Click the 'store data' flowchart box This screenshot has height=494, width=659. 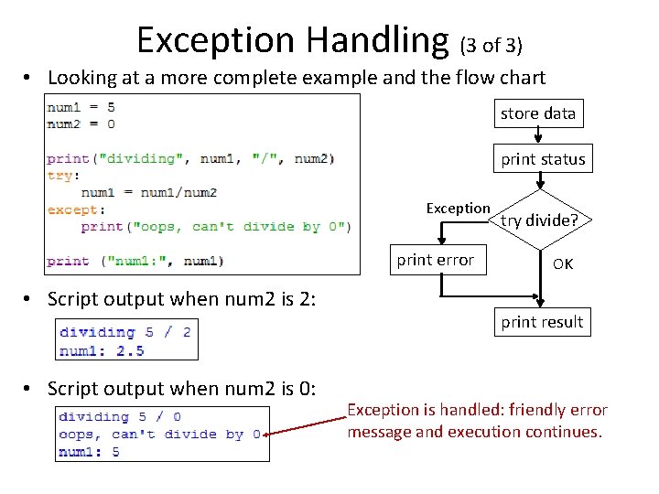pos(538,113)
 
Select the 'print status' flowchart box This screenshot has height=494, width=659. pos(542,159)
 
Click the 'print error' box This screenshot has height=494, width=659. pos(435,260)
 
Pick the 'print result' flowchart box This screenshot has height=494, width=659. pos(542,322)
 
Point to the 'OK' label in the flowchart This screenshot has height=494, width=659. pos(563,263)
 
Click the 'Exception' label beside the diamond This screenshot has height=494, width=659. pos(458,209)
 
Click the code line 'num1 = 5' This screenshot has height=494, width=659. pos(81,106)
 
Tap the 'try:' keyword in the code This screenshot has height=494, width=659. pos(64,175)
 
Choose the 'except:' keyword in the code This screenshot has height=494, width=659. pos(71,209)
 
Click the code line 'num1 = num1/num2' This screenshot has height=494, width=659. pos(148,192)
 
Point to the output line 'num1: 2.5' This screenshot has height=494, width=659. pos(102,349)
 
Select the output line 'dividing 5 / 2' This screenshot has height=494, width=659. pos(125,332)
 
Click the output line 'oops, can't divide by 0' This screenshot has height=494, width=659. pos(159,435)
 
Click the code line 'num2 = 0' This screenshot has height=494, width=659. pos(81,123)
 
